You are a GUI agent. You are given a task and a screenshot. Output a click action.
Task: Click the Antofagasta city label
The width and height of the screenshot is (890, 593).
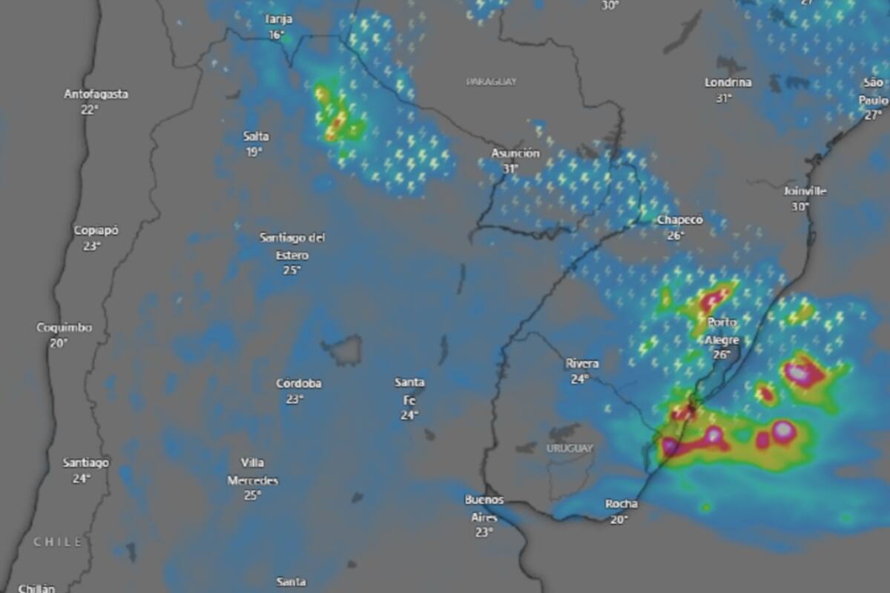click(x=96, y=94)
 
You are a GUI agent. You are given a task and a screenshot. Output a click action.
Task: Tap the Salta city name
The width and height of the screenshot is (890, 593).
click(x=256, y=136)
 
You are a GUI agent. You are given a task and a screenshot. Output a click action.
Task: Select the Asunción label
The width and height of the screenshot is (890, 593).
click(x=515, y=153)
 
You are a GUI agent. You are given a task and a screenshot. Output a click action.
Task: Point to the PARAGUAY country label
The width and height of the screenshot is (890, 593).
click(x=491, y=82)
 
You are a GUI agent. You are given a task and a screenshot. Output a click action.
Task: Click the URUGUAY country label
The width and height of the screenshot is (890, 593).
click(x=570, y=448)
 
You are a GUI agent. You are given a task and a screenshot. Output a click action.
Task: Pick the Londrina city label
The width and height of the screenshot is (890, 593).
click(x=728, y=82)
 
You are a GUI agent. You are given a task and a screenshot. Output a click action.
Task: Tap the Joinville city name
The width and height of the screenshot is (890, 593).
click(x=805, y=191)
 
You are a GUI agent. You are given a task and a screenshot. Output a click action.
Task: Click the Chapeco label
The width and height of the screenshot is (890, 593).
click(x=680, y=220)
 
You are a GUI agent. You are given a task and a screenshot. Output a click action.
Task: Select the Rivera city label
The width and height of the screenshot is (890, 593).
click(x=581, y=363)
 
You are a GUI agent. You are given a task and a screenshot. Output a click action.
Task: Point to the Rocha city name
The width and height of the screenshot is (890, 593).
click(x=621, y=504)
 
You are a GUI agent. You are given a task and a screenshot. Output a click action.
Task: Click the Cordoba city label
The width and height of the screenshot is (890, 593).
click(x=299, y=383)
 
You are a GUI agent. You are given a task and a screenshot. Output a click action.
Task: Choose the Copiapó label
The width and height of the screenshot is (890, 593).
click(x=96, y=231)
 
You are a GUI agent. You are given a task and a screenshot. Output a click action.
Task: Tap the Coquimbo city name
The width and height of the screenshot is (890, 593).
click(x=65, y=328)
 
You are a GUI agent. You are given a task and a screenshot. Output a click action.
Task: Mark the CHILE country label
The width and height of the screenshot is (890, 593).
click(x=58, y=543)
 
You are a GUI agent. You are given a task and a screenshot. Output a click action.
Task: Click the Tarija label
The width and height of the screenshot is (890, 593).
click(x=278, y=19)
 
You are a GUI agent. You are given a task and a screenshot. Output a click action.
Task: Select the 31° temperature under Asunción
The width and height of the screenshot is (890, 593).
click(x=510, y=168)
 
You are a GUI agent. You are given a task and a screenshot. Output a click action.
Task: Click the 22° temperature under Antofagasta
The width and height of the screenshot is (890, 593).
click(x=90, y=110)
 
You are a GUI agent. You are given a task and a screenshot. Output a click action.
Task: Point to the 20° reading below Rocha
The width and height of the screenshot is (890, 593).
click(x=619, y=520)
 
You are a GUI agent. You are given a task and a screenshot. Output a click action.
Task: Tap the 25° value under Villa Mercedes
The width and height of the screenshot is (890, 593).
click(x=252, y=495)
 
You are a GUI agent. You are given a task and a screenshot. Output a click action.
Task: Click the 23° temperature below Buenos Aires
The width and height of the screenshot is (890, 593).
click(x=484, y=531)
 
